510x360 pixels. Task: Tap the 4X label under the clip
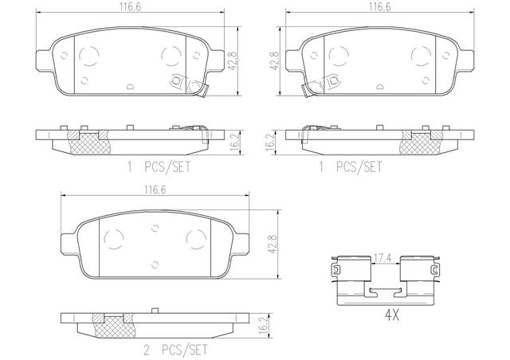[392, 315]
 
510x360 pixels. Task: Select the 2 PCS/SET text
[175, 350]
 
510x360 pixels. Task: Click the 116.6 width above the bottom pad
[155, 190]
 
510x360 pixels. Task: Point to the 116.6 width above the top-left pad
[130, 7]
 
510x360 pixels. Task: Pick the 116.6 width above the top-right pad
[380, 7]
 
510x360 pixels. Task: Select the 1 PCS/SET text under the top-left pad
[159, 167]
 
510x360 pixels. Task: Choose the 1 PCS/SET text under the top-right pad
[351, 167]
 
